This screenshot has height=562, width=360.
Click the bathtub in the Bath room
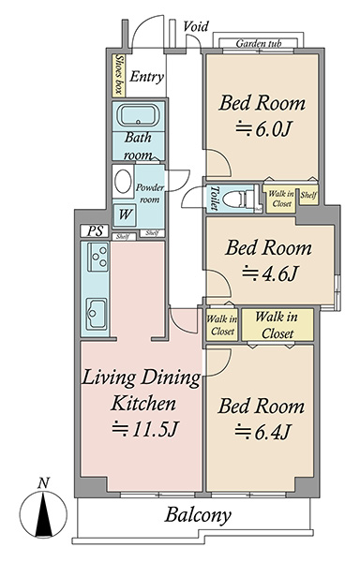point(138,115)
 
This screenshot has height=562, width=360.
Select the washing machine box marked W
point(125,214)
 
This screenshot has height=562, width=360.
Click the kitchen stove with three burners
point(97,257)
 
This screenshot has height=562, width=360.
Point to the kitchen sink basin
point(97,314)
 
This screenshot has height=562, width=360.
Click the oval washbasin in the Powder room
point(123,182)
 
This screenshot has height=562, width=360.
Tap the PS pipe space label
point(94,230)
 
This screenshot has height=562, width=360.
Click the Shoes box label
point(118,75)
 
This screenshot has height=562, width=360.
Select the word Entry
point(146,77)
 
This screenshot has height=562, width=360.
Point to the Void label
point(196,26)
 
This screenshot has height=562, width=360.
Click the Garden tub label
point(259,44)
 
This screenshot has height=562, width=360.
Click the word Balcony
point(199,515)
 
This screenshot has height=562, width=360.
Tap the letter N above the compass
point(43,483)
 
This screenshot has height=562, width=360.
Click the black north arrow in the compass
point(43,514)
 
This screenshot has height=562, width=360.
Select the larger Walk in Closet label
point(277,325)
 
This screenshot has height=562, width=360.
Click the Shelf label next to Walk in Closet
point(308,195)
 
